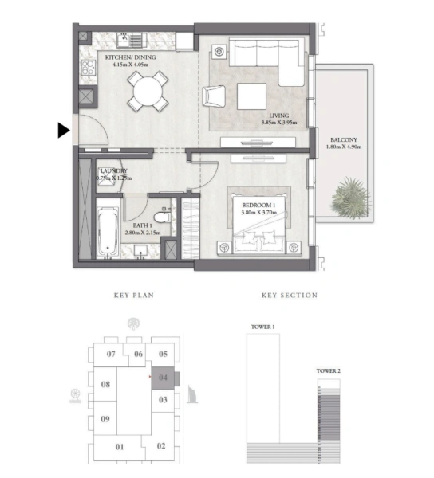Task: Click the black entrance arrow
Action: [64, 131]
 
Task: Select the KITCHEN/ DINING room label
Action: [128, 57]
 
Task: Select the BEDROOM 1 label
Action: [258, 205]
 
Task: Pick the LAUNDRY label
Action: [113, 170]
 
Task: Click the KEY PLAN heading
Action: [133, 296]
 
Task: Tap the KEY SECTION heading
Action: [290, 296]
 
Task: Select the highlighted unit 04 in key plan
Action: [163, 378]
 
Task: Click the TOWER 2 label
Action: [328, 371]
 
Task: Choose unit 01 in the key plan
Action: [120, 447]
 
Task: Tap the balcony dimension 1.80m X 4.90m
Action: [343, 147]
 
